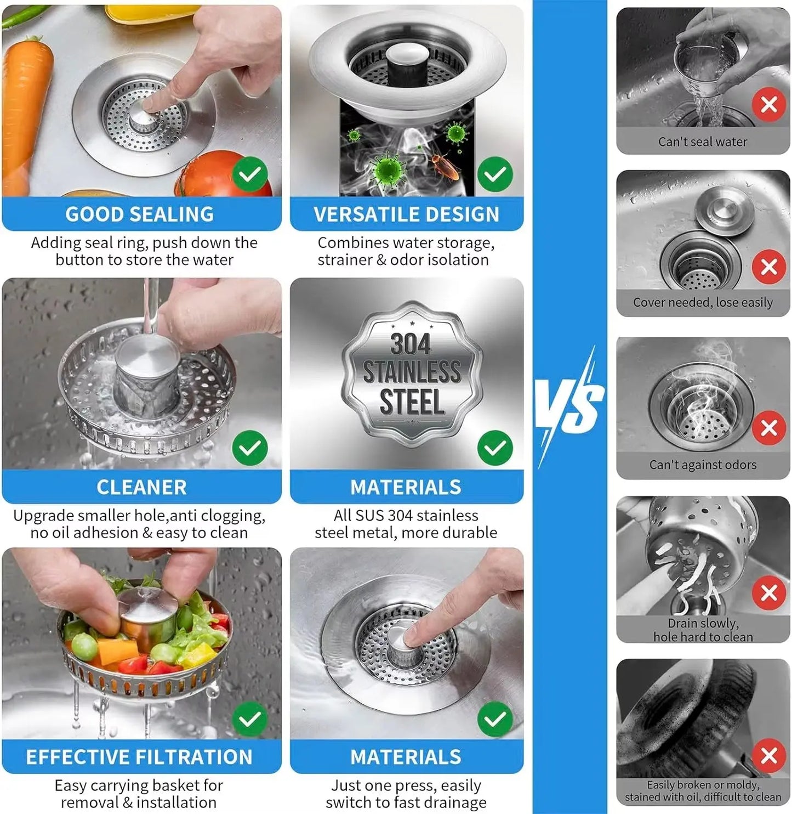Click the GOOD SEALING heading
coord(140,214)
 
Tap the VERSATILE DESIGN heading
coord(406,214)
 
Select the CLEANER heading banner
coord(141,487)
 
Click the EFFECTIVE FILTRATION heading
coord(139,757)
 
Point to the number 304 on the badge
coord(411,344)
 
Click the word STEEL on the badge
coord(412,402)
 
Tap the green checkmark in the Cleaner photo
coord(250,448)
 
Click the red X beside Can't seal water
coord(768,104)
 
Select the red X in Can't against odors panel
coord(768,427)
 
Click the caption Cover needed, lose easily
coord(703,302)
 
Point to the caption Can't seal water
coord(703,142)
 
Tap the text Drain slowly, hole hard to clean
coord(703,630)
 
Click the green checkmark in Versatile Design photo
coord(495,174)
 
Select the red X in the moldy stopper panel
coord(768,756)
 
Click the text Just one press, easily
coord(406,785)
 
